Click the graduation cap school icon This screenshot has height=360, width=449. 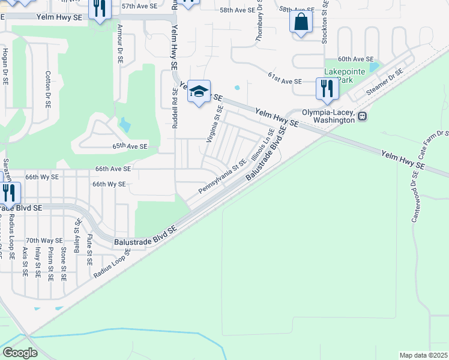click(x=199, y=92)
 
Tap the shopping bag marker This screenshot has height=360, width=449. click(x=301, y=22)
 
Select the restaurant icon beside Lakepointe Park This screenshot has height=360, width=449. click(x=327, y=89)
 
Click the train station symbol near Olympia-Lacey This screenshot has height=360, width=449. click(x=362, y=116)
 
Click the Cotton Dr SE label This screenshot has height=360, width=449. click(x=48, y=89)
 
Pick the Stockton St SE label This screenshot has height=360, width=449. click(x=325, y=22)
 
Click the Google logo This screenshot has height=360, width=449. click(x=20, y=353)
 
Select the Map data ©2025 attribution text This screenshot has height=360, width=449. click(x=423, y=355)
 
